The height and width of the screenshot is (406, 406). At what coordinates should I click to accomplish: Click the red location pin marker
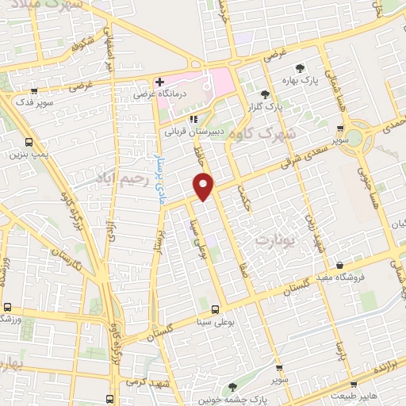point(204,186)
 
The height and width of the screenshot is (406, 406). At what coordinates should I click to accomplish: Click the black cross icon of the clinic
point(159,81)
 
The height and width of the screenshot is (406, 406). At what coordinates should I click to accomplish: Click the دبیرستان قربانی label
point(189,132)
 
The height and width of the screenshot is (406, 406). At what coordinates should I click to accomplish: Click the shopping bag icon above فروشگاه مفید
point(340,265)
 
